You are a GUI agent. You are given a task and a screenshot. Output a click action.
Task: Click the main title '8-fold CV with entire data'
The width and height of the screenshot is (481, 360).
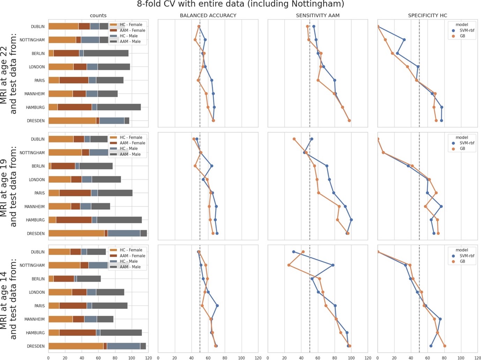pyautogui.click(x=240, y=5)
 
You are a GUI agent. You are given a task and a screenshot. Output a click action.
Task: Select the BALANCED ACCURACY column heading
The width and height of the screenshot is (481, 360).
pyautogui.click(x=208, y=16)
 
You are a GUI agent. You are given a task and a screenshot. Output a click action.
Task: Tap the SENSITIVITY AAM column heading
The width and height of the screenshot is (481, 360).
pyautogui.click(x=317, y=16)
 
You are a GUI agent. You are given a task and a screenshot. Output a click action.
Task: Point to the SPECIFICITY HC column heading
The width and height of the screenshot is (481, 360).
pyautogui.click(x=427, y=16)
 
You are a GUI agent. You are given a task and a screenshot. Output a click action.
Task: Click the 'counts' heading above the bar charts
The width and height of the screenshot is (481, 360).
pyautogui.click(x=98, y=16)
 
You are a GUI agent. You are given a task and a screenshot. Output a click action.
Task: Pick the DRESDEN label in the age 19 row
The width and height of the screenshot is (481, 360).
pyautogui.click(x=36, y=234)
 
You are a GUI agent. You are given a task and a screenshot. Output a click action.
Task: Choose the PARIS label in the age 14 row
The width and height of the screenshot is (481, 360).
pyautogui.click(x=39, y=306)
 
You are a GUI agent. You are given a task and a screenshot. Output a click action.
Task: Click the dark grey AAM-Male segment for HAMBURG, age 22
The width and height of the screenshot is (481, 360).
pyautogui.click(x=119, y=107)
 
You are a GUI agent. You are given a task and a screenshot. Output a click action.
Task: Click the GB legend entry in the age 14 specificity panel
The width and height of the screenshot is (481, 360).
pyautogui.click(x=462, y=261)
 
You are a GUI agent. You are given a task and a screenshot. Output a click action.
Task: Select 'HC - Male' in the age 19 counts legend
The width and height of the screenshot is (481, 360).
pyautogui.click(x=128, y=149)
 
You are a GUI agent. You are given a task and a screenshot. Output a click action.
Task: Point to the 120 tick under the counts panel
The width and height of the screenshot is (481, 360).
pyautogui.click(x=149, y=358)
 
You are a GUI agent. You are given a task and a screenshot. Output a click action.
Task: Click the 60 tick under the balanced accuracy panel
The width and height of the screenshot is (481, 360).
pyautogui.click(x=208, y=358)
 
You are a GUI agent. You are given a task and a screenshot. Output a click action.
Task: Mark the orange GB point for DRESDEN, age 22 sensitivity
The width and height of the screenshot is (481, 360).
pyautogui.click(x=349, y=121)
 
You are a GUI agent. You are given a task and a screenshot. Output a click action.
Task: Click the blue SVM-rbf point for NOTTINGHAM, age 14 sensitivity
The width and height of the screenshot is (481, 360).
pyautogui.click(x=333, y=265)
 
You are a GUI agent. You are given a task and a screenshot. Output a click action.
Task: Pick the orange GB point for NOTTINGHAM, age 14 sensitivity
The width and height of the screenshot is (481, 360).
pyautogui.click(x=289, y=265)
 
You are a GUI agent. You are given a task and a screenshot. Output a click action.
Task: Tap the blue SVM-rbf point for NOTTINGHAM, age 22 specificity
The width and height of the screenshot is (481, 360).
pyautogui.click(x=404, y=40)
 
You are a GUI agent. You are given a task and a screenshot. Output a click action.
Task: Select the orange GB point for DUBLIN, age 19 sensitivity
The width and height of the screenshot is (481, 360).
pyautogui.click(x=294, y=139)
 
